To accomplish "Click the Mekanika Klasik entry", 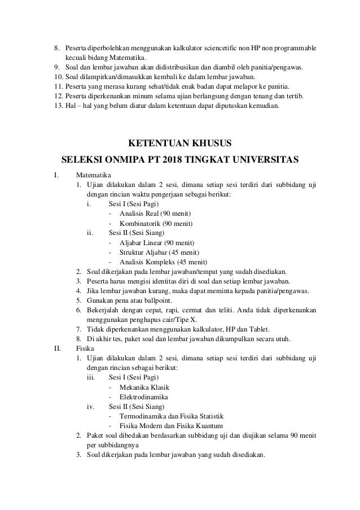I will tap(144, 387).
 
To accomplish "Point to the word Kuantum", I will tap(209, 426).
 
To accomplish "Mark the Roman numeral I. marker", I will tap(55, 175).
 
